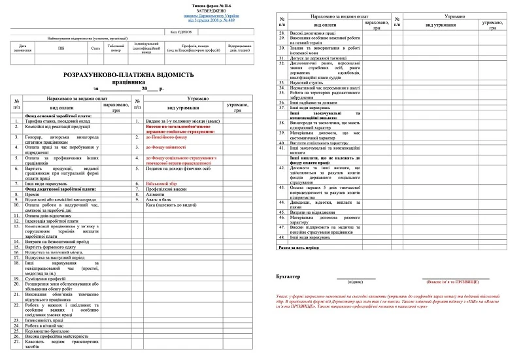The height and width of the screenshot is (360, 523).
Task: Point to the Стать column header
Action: [95, 48]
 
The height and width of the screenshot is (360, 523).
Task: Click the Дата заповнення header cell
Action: [22, 48]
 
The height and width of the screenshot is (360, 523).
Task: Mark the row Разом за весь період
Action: [305, 248]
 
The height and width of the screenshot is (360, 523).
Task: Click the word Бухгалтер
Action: [289, 277]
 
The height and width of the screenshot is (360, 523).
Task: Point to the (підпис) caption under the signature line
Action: [356, 281]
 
